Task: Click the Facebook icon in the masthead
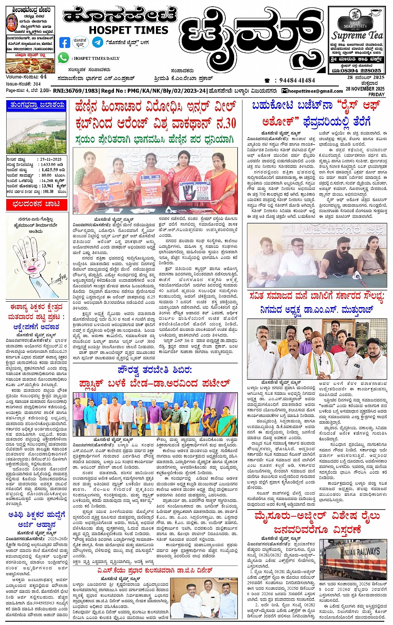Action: (65, 42)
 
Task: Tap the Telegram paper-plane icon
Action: (98, 42)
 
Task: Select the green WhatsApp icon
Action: (63, 58)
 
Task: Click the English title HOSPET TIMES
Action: (128, 30)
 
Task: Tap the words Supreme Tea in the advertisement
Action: (357, 35)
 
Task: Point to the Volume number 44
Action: (43, 77)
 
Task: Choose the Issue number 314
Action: (37, 84)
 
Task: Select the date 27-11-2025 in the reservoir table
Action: (51, 159)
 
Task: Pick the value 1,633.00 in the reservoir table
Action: (48, 165)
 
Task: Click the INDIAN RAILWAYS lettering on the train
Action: (361, 552)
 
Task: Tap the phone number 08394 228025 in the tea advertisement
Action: (361, 71)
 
